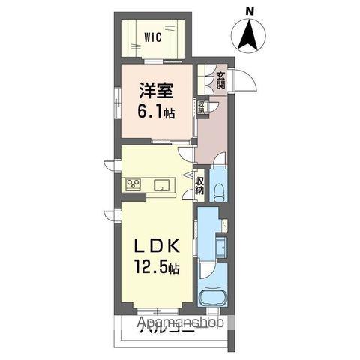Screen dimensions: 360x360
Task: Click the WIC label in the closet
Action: (x=154, y=36)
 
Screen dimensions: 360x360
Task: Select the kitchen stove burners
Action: (x=133, y=185)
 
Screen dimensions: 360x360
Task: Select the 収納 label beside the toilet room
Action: (x=199, y=186)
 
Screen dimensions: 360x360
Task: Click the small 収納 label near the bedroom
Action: (x=202, y=107)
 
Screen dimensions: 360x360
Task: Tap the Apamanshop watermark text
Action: (x=181, y=325)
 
